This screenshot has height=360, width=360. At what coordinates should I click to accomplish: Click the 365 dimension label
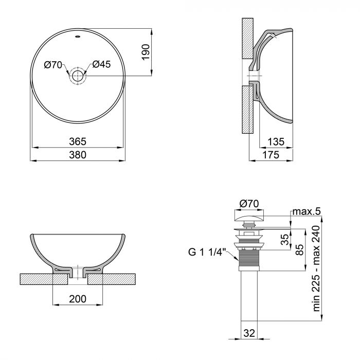point(78,141)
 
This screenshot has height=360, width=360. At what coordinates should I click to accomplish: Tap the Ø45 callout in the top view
point(102,64)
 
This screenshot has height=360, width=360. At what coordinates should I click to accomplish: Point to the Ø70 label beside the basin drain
point(53,64)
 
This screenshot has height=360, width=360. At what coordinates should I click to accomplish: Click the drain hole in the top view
point(78,76)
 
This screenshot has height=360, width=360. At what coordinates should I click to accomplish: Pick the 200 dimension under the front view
point(78,299)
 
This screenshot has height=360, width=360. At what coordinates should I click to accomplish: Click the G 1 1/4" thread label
point(207,252)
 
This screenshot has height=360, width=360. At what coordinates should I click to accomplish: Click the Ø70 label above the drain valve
point(249,204)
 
